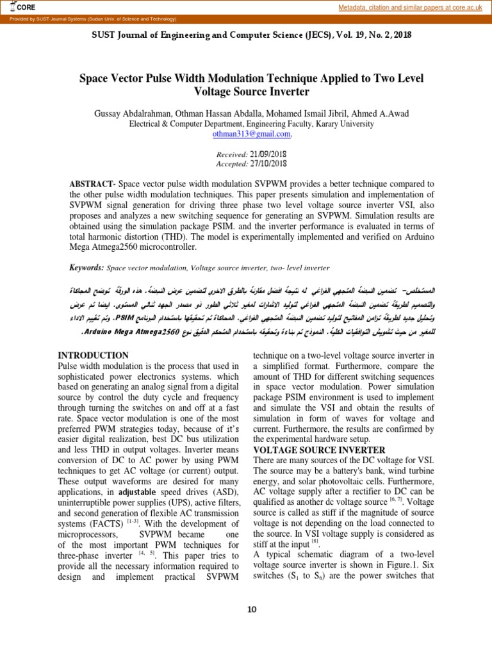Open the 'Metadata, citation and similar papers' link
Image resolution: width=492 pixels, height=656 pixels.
410,7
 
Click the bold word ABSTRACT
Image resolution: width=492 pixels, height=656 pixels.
92,184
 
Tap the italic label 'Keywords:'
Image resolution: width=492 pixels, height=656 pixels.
86,266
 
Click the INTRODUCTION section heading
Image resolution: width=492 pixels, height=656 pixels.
94,355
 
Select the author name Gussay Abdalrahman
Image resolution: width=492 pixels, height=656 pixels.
135,113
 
